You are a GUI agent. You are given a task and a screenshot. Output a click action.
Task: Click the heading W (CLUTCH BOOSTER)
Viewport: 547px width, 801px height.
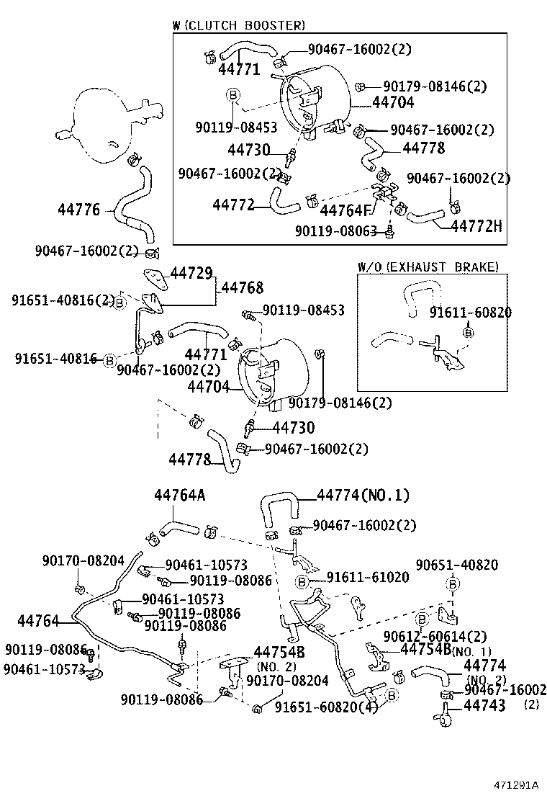[239, 25]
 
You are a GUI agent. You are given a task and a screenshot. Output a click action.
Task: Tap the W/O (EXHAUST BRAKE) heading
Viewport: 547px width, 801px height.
[428, 267]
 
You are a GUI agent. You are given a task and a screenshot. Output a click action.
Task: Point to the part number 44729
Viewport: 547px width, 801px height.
[191, 273]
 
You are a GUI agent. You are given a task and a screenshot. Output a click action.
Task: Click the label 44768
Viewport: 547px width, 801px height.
[242, 287]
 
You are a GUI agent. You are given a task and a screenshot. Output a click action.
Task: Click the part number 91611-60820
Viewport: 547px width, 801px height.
[471, 313]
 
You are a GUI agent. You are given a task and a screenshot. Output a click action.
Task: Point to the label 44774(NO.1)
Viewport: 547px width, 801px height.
[363, 495]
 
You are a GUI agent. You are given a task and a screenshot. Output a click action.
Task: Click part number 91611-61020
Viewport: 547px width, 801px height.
[368, 577]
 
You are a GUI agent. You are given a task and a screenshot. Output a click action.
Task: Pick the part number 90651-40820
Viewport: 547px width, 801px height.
[457, 565]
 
